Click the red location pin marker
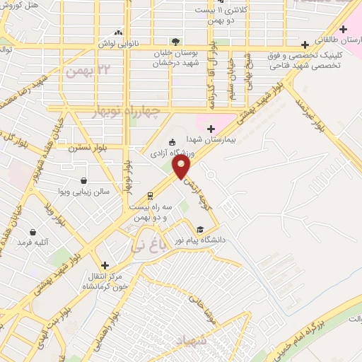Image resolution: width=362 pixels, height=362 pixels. click(x=182, y=167)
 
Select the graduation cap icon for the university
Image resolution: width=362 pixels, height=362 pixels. click(x=200, y=230)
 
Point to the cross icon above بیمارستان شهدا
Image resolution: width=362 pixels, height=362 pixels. click(x=211, y=127)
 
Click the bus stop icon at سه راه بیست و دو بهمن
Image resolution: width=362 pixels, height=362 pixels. click(x=150, y=196)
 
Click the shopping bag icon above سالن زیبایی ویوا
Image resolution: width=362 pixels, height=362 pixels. click(x=84, y=181)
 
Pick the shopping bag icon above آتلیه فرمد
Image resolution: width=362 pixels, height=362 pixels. click(x=33, y=231)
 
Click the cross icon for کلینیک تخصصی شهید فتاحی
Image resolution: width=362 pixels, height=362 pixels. click(x=305, y=45)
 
